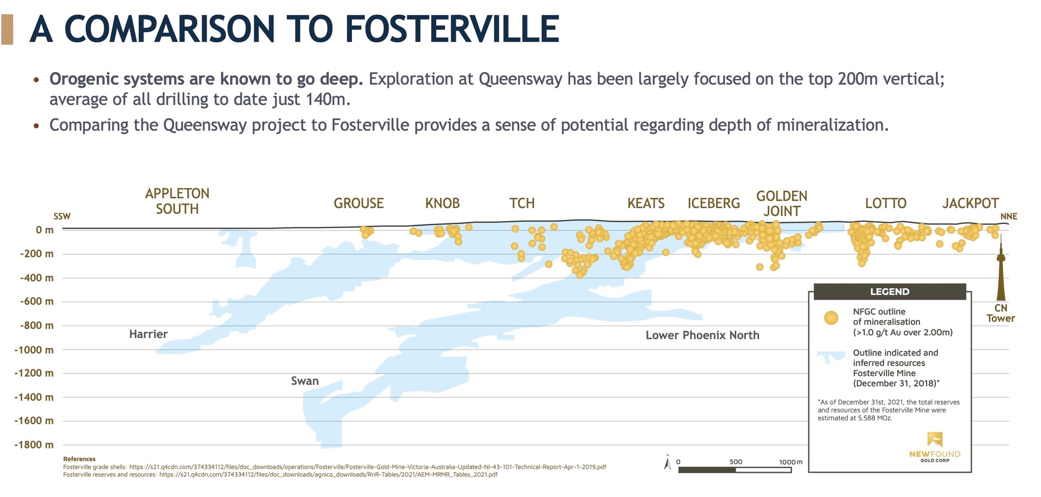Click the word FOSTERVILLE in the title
(452, 29)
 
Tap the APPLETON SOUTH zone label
(177, 201)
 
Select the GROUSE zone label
(358, 203)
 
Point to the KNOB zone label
(442, 203)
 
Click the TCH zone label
(522, 203)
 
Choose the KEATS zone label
(646, 203)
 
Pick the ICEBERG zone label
(714, 203)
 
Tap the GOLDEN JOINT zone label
(782, 203)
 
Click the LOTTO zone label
(885, 203)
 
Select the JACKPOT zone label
(971, 203)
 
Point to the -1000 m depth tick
(34, 350)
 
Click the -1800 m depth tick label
(34, 445)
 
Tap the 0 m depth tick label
(45, 230)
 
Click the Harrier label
(148, 334)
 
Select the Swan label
(305, 381)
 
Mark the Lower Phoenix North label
(702, 335)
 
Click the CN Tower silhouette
(1001, 268)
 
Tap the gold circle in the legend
(831, 318)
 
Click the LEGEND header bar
(890, 292)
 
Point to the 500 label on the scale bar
(736, 462)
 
